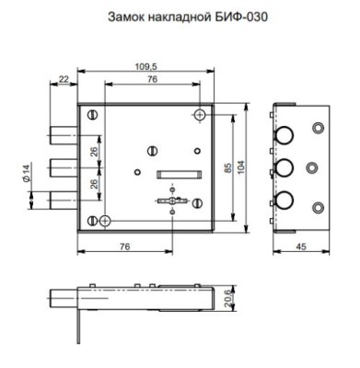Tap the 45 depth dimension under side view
coord(302,246)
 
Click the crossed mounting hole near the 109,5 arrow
coord(201,115)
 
